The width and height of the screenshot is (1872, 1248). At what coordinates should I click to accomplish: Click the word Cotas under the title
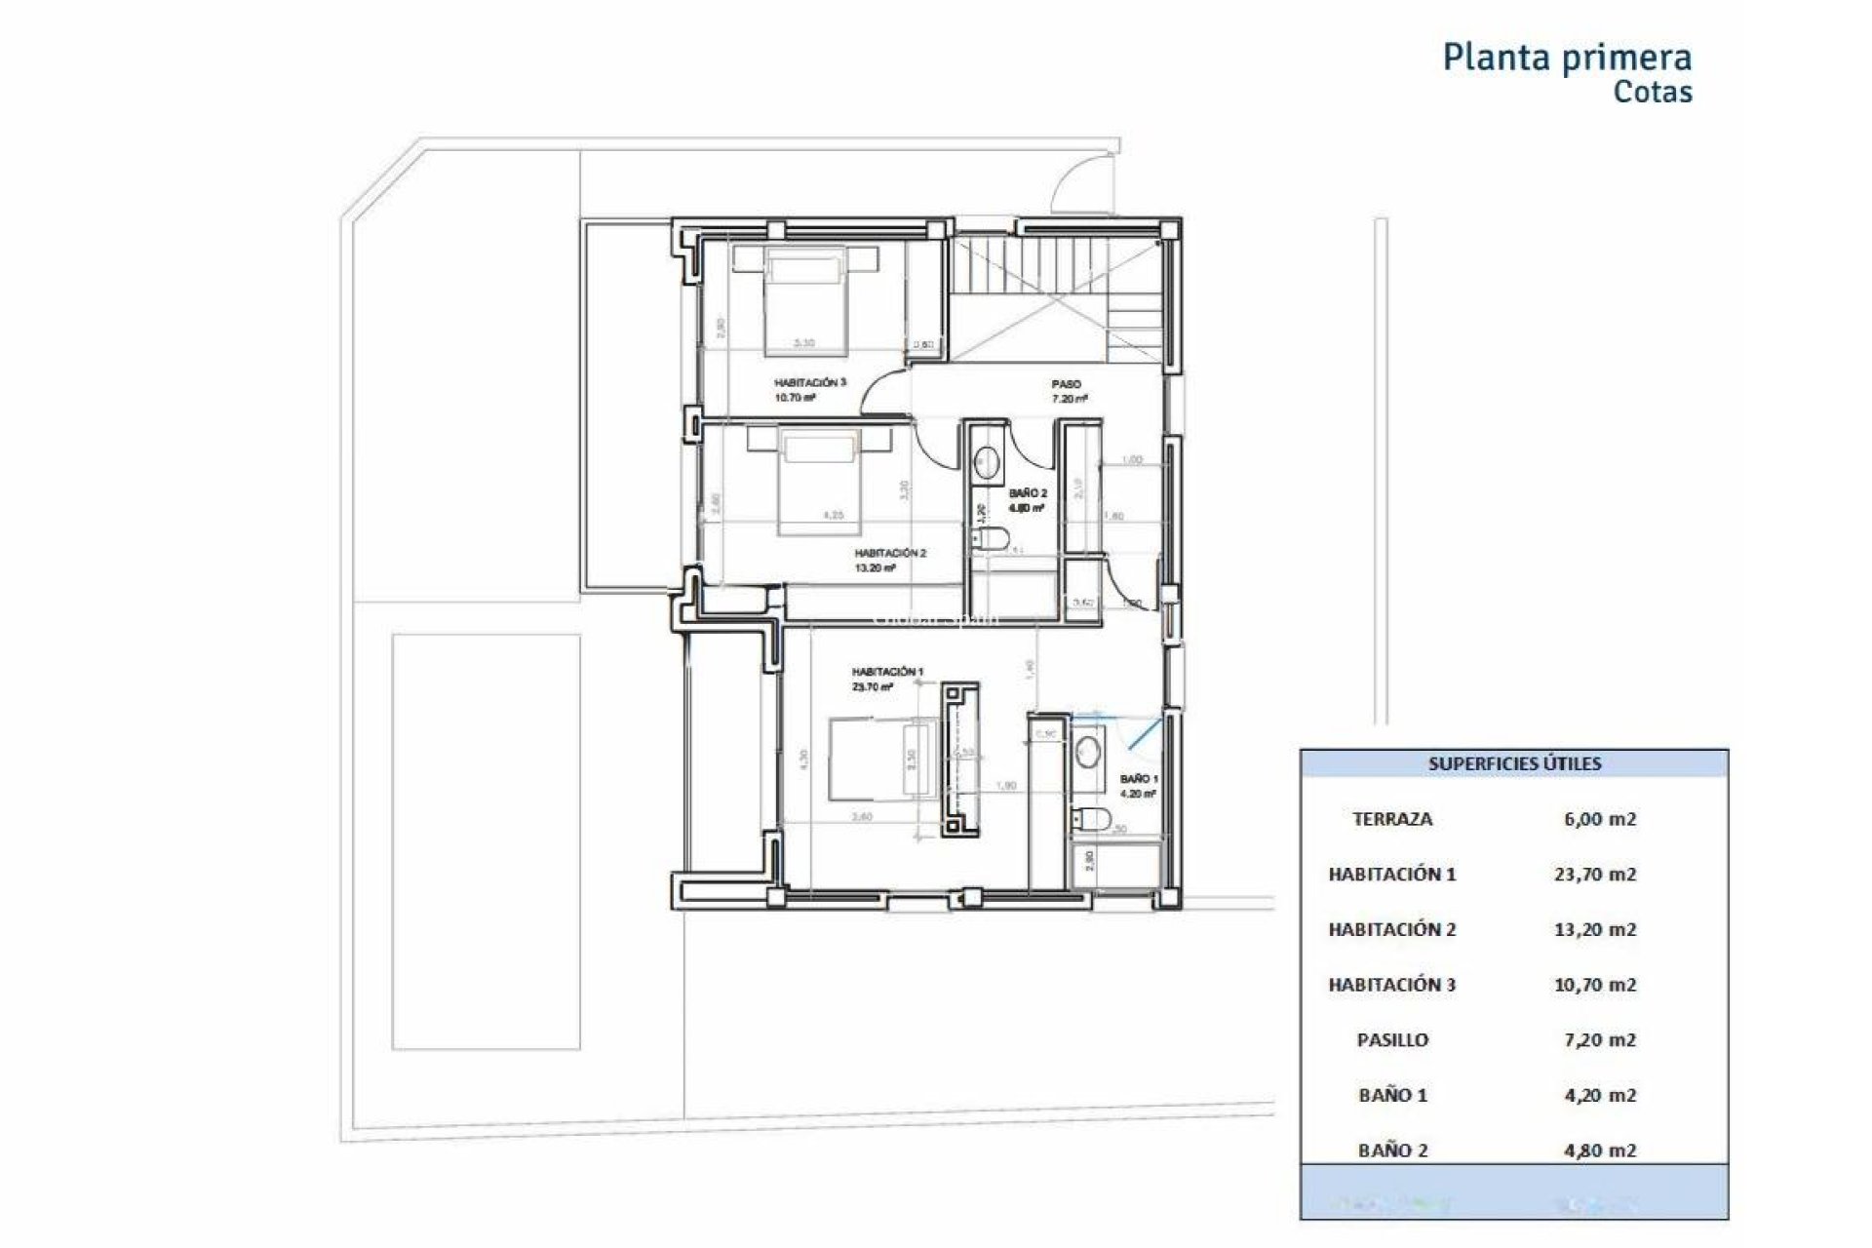[x=1653, y=92]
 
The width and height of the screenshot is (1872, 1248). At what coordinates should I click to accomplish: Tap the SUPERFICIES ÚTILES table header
[x=1514, y=763]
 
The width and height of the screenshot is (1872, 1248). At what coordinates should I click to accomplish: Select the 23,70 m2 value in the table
[x=1594, y=875]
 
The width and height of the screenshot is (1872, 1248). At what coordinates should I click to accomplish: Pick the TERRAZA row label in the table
[x=1392, y=819]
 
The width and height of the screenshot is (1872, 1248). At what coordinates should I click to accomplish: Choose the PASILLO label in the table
[x=1392, y=1040]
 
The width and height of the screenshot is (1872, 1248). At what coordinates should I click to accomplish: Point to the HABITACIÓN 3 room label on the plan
[x=809, y=383]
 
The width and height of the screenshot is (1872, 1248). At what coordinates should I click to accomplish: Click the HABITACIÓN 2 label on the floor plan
[x=889, y=553]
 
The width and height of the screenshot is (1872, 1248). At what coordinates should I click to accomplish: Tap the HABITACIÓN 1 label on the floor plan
[x=886, y=672]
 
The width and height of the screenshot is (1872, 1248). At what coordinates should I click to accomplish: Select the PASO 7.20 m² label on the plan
[x=1068, y=390]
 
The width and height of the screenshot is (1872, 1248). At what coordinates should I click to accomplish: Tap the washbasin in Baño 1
[x=1088, y=752]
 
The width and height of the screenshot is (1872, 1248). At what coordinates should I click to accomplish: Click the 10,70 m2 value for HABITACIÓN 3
[x=1594, y=985]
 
